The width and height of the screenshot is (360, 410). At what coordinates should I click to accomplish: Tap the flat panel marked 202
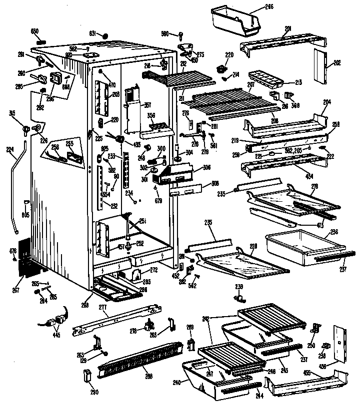coord(319,66)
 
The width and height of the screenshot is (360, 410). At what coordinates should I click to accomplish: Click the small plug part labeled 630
coord(42,40)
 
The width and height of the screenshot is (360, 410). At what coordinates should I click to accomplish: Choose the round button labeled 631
coord(105,35)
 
